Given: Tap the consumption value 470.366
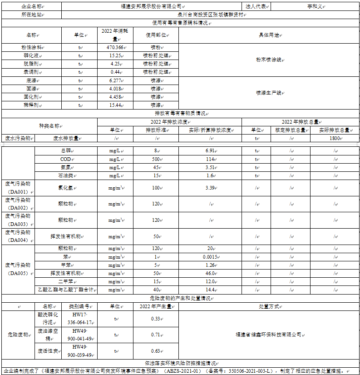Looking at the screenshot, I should pyautogui.click(x=115, y=47).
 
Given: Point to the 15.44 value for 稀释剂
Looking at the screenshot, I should pyautogui.click(x=115, y=105).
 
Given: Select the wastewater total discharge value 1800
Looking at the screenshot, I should pyautogui.click(x=335, y=138).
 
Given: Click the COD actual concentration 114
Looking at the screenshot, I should pyautogui.click(x=209, y=159).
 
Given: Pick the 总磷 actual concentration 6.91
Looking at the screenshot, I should pyautogui.click(x=209, y=150).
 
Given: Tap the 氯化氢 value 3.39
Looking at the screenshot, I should pyautogui.click(x=209, y=187).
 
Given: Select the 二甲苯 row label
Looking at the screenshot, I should pyautogui.click(x=65, y=281).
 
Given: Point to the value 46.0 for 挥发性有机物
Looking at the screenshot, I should pyautogui.click(x=209, y=273).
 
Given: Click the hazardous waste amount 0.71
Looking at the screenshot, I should pyautogui.click(x=155, y=335).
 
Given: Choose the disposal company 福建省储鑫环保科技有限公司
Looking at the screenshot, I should pyautogui.click(x=268, y=335).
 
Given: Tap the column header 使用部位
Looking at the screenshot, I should pyautogui.click(x=155, y=35).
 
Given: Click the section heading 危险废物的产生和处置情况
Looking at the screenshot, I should pyautogui.click(x=180, y=298).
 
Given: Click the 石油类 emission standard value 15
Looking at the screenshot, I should pyautogui.click(x=155, y=175).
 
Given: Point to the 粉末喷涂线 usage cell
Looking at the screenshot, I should pyautogui.click(x=268, y=60).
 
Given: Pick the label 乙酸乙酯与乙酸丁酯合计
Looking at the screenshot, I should pyautogui.click(x=65, y=290).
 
